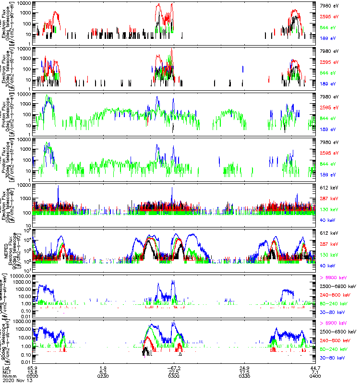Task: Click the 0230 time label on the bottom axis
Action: pos(103,375)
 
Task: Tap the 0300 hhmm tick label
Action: pos(173,375)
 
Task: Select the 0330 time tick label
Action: pos(244,375)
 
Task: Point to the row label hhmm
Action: pos(8,375)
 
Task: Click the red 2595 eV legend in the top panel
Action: pos(330,16)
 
